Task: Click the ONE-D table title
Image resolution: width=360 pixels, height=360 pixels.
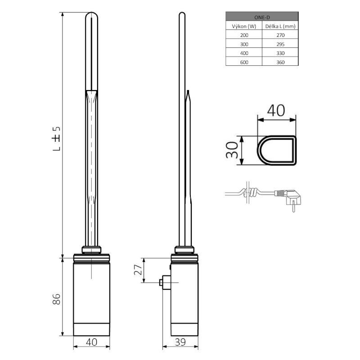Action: tap(261, 16)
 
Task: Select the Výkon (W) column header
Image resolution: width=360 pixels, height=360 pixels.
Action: tap(243, 26)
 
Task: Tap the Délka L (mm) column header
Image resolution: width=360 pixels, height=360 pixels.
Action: tap(280, 26)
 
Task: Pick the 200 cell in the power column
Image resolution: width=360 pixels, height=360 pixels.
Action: tap(243, 35)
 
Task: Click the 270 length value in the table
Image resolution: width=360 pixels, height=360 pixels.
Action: tap(280, 35)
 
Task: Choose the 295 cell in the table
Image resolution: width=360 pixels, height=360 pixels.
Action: tap(280, 44)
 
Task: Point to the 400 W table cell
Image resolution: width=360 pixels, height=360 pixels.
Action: tap(243, 53)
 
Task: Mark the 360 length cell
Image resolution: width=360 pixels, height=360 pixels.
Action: tap(280, 62)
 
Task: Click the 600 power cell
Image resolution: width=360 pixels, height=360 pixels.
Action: tap(243, 62)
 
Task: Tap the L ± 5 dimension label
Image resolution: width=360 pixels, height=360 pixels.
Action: tap(57, 138)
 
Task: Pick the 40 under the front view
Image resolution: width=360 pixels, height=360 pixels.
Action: tap(91, 342)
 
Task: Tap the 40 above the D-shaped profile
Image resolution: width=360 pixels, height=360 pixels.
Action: tap(276, 110)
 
